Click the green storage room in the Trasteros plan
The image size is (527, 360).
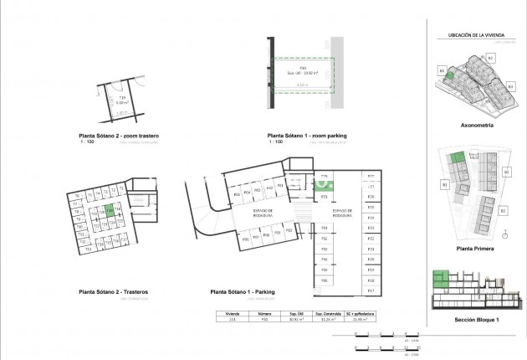[110, 213]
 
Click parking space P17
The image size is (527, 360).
[370, 291]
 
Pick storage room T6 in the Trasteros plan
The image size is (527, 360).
[77, 195]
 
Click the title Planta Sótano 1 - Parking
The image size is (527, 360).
[244, 291]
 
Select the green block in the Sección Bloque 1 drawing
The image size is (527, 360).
[443, 278]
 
